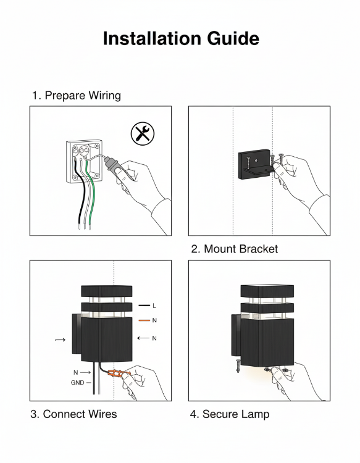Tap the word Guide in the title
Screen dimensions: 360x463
click(x=233, y=38)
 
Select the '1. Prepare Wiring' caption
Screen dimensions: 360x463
click(x=77, y=96)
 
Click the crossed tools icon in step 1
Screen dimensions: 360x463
click(x=143, y=134)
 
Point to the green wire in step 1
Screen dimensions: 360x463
click(x=90, y=192)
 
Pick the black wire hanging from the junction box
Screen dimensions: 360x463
click(x=80, y=192)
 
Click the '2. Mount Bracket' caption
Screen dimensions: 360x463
click(x=235, y=249)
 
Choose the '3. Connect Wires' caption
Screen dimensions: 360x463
click(x=73, y=414)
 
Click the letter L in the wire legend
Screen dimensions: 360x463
click(x=154, y=306)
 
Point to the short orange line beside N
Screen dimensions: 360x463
click(x=144, y=320)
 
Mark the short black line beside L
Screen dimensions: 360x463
click(x=144, y=306)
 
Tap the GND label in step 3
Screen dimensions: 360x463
click(x=77, y=383)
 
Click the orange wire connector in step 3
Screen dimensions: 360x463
click(x=117, y=374)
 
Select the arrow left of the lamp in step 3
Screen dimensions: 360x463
click(x=61, y=340)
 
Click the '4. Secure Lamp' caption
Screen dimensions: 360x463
click(x=230, y=414)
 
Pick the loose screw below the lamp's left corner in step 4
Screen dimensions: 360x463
click(x=238, y=365)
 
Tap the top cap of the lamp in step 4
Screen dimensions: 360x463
click(x=267, y=291)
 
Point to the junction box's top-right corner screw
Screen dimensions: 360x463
click(x=97, y=146)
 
